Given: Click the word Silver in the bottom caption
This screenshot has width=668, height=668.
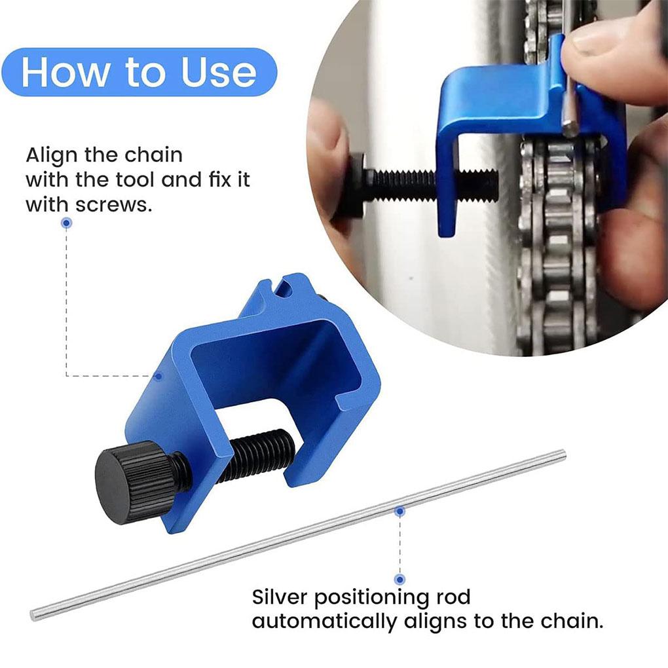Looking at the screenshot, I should (x=287, y=597).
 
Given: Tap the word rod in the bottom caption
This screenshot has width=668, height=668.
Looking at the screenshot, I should (x=453, y=597).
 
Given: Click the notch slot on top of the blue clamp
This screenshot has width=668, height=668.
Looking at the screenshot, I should (x=283, y=288).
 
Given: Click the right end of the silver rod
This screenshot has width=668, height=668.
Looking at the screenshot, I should (x=561, y=453).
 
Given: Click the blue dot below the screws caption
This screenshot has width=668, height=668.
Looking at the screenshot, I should (x=66, y=223).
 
